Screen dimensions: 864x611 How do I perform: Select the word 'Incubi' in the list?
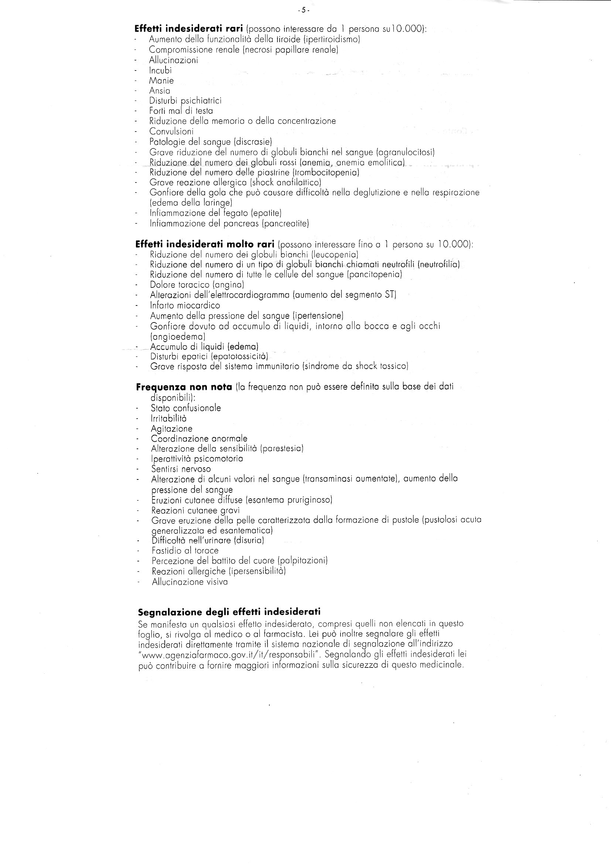point(160,71)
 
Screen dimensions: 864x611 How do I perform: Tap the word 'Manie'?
point(161,81)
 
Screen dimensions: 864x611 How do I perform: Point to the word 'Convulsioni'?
point(171,132)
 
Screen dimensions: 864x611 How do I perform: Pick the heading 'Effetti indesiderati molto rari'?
point(205,244)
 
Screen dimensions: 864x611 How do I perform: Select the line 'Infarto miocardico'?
point(185,305)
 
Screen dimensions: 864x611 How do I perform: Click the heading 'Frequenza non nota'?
point(184,387)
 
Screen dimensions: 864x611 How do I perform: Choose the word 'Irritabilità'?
point(168,419)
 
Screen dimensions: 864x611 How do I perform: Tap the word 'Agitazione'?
point(171,428)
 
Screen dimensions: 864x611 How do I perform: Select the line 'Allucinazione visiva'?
point(190,582)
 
